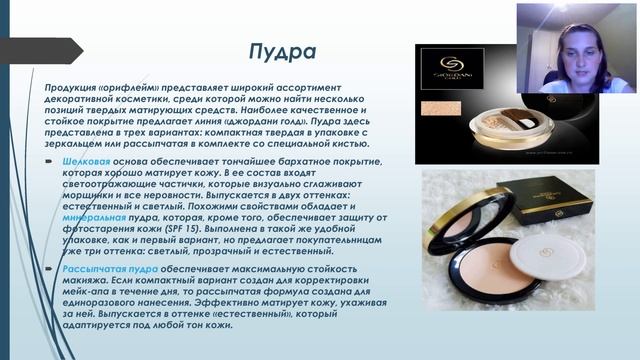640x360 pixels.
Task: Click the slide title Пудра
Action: point(281,51)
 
